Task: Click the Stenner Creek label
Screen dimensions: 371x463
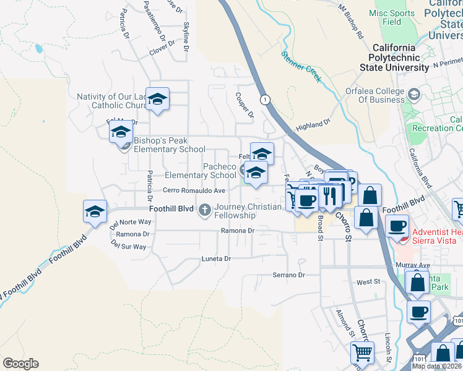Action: coord(301,66)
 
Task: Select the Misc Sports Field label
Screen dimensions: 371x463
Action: coord(393,17)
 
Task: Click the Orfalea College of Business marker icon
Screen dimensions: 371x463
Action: coord(413,95)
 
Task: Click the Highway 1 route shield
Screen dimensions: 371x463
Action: coord(265,100)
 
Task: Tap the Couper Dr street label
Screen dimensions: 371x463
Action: coord(244,105)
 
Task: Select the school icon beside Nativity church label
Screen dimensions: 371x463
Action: coord(158,99)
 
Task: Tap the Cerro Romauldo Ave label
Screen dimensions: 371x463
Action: coord(186,190)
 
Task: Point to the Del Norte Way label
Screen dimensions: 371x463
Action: coord(131,221)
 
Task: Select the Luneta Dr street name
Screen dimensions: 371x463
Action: coord(215,258)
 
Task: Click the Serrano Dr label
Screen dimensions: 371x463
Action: coord(289,275)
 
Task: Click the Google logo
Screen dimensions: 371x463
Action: coord(20,364)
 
